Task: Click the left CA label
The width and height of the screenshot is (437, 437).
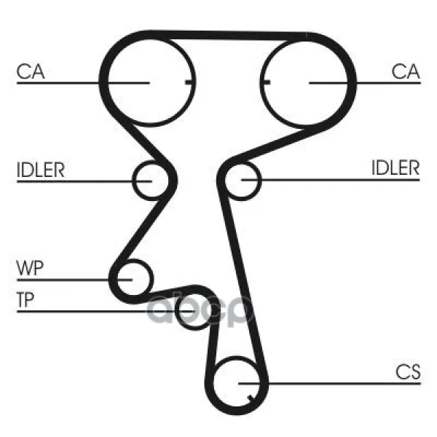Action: [31, 71]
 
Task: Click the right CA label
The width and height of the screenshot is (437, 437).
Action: [406, 71]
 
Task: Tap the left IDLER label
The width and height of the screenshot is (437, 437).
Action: [41, 170]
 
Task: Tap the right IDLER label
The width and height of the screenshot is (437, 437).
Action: [395, 168]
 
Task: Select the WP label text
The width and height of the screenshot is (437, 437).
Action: [30, 268]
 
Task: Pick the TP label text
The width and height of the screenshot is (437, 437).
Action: [25, 299]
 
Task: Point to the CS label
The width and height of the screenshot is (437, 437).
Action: [408, 371]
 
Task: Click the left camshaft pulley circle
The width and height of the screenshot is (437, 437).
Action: [151, 82]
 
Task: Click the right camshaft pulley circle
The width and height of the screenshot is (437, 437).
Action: [304, 82]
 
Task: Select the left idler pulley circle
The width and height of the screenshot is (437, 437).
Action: [151, 181]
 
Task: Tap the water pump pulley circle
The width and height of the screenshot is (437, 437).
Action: [134, 278]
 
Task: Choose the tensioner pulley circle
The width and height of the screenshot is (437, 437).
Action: [194, 311]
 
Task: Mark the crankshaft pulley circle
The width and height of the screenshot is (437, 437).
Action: [236, 384]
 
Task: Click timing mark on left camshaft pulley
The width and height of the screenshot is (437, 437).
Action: [189, 82]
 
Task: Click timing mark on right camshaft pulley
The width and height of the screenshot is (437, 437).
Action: [266, 82]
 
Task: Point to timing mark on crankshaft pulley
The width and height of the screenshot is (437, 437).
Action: [251, 398]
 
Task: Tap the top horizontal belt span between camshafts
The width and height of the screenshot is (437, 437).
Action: [229, 36]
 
